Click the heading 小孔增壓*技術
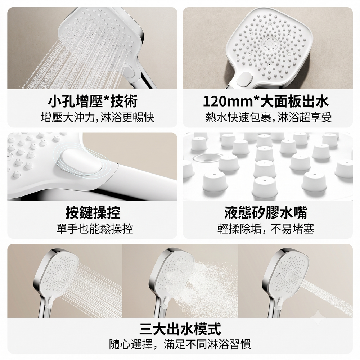[x=93, y=101]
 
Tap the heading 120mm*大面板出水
[x=266, y=101]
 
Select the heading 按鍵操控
[x=93, y=212]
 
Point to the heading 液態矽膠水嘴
[x=266, y=212]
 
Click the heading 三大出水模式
[x=180, y=329]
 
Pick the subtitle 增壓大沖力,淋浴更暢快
[x=98, y=117]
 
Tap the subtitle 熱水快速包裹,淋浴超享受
[x=269, y=117]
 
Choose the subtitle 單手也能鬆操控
[x=95, y=229]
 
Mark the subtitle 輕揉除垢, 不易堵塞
[x=266, y=229]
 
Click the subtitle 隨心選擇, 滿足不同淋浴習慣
[x=180, y=344]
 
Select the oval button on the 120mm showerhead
[x=244, y=79]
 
